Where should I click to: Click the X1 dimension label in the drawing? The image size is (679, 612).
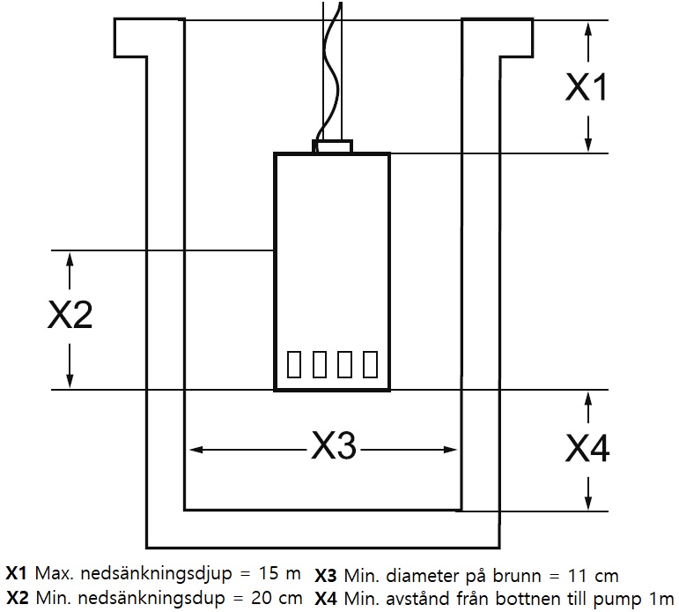coord(586,87)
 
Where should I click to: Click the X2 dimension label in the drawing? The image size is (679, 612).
coord(70,316)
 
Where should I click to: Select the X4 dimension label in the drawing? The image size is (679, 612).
coord(587,448)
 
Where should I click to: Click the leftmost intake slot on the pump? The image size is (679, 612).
coord(294,363)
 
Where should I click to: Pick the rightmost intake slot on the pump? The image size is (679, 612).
coord(371,363)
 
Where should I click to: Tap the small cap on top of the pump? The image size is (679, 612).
coord(333,146)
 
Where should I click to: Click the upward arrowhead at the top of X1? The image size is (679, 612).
coord(587,28)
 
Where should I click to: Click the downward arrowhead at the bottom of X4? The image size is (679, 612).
coord(587,502)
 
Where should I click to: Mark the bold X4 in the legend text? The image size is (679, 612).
coord(325,599)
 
